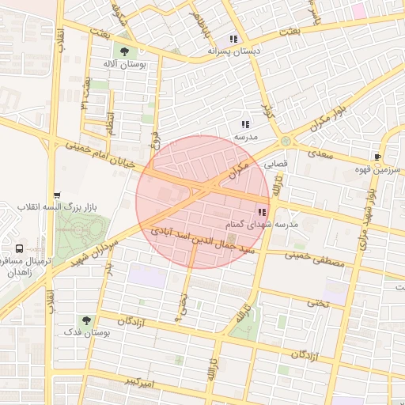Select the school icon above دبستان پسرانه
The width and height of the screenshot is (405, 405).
[233, 39]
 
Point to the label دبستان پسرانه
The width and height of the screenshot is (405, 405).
[233, 51]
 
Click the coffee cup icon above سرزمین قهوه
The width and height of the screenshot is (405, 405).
[377, 156]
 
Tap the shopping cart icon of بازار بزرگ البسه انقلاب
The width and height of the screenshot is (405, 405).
[56, 195]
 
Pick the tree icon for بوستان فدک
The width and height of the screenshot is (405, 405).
[85, 320]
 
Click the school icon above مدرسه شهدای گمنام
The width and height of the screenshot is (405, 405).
[262, 212]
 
